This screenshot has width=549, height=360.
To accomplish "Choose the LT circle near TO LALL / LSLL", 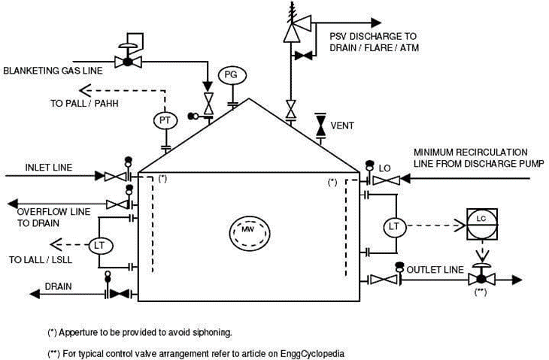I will (99, 244).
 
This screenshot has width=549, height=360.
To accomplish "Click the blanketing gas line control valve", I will (127, 61).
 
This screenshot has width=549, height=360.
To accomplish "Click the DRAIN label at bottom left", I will (58, 286).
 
